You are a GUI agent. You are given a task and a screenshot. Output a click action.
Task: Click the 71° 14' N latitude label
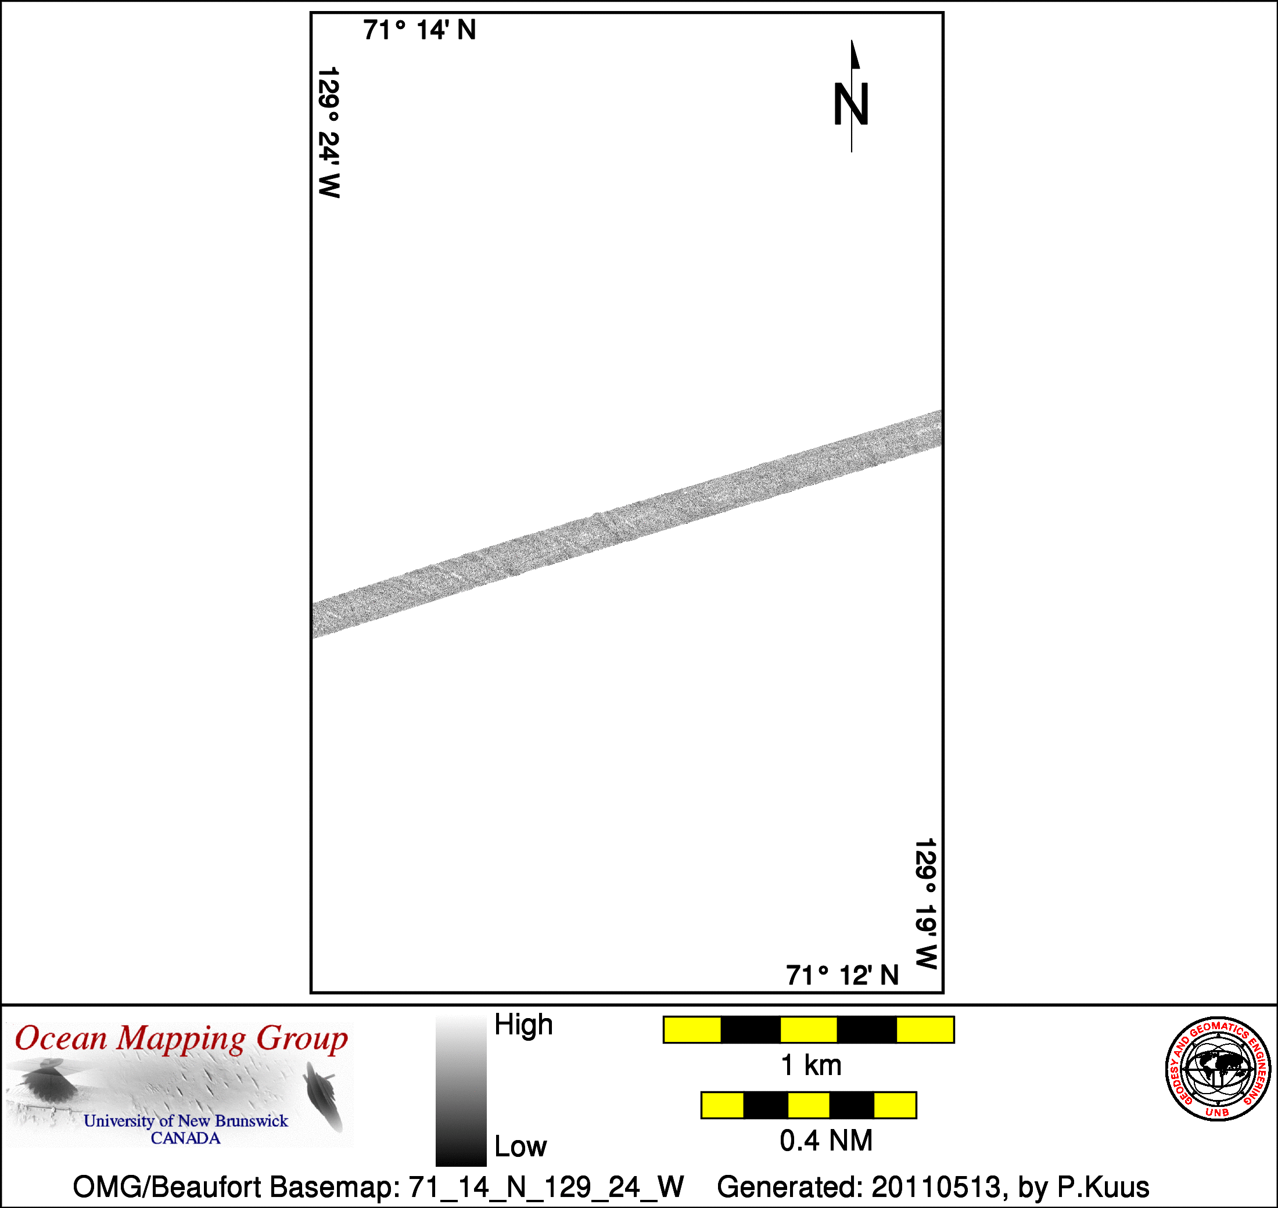419,30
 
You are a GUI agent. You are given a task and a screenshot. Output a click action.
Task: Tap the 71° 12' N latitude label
842,976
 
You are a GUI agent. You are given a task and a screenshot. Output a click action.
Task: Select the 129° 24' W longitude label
329,132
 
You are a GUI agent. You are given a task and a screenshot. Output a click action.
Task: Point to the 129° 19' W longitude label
925,904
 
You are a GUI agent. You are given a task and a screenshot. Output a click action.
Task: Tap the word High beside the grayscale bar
523,1024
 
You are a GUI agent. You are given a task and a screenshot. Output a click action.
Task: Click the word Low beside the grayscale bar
520,1146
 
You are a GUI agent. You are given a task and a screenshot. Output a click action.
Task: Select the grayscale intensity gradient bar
461,1091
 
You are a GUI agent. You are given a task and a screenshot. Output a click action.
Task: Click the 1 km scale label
811,1066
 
